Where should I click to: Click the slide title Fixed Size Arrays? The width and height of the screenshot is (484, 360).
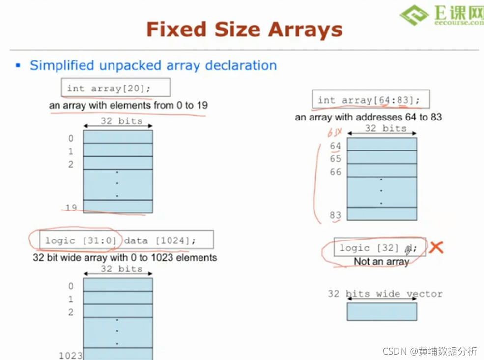[244, 30]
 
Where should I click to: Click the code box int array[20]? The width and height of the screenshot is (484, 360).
[116, 89]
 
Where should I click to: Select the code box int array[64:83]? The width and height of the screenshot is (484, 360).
[371, 100]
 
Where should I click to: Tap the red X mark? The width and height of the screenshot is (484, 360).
[436, 247]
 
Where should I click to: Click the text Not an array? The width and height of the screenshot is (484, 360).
[381, 262]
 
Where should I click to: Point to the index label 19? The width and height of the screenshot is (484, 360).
[71, 208]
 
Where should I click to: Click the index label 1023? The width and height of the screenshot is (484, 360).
[71, 355]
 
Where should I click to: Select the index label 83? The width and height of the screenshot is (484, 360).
[335, 215]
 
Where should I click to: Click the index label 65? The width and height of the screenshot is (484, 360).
[335, 159]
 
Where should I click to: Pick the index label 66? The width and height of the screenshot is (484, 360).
[335, 172]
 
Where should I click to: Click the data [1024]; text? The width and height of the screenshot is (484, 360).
[160, 240]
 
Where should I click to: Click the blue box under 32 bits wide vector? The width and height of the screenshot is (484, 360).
[382, 311]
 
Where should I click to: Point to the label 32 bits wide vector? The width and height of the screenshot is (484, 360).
[385, 294]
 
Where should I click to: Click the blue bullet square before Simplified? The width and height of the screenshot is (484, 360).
[18, 65]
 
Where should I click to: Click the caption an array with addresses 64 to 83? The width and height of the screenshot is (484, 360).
[368, 117]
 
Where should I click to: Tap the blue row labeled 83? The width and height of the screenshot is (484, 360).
[382, 214]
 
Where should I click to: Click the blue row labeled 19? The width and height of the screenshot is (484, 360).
[118, 207]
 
